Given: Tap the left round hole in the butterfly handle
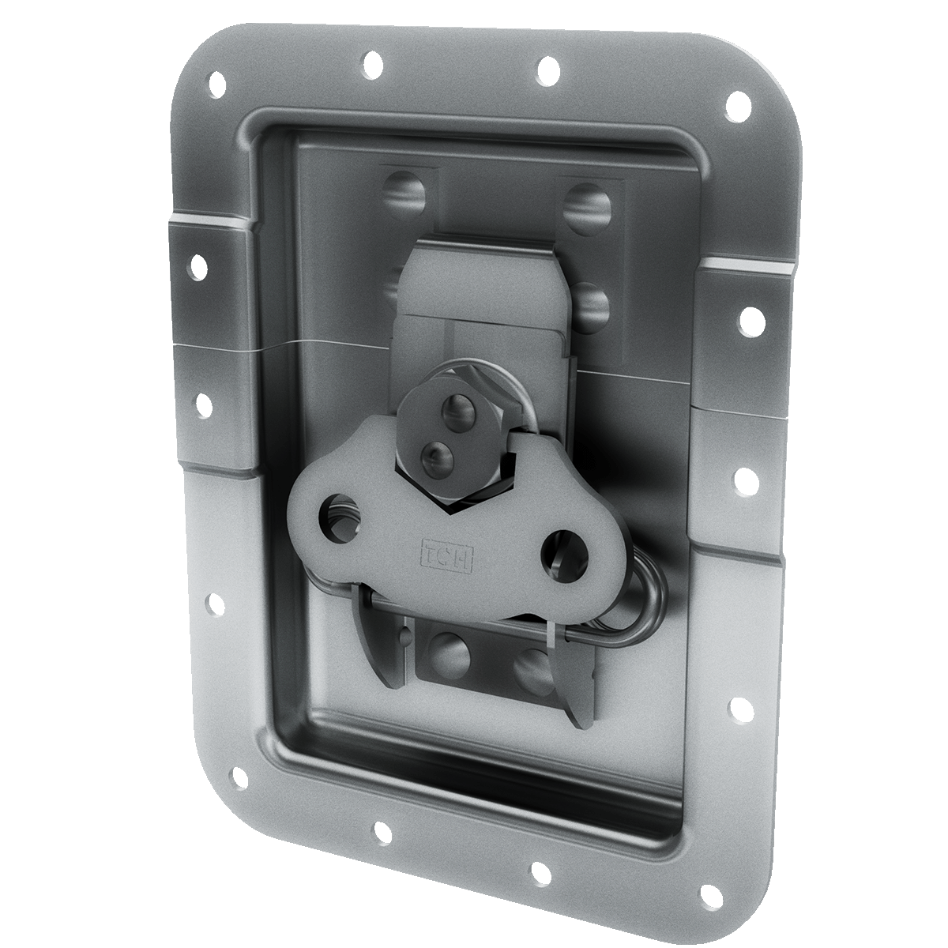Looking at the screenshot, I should pyautogui.click(x=337, y=518).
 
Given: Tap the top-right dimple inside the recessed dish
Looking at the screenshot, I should pyautogui.click(x=589, y=207).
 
